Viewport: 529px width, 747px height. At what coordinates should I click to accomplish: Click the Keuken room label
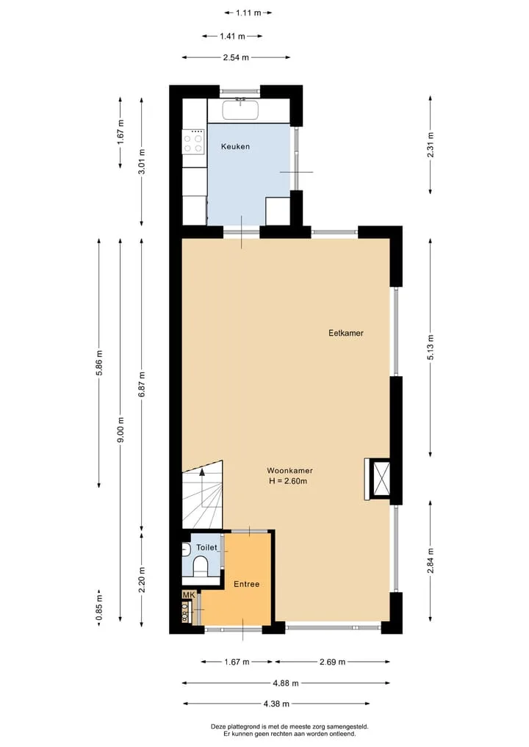[x=235, y=147]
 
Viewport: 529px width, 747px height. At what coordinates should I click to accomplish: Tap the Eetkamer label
[x=346, y=333]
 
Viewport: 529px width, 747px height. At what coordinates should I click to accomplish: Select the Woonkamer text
[x=289, y=471]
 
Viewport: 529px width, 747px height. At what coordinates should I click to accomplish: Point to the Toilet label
[x=206, y=548]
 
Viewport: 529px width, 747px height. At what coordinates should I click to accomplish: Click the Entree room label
[x=246, y=584]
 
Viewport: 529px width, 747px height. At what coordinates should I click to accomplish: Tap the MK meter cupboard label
[x=189, y=595]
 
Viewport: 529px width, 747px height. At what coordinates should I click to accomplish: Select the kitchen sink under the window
[x=241, y=109]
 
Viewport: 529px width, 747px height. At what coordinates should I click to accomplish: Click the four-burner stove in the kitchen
[x=194, y=142]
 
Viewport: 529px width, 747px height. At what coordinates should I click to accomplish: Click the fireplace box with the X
[x=382, y=479]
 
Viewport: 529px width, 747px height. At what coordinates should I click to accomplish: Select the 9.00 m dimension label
[x=120, y=430]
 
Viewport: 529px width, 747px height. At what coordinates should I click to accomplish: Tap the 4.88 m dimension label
[x=286, y=683]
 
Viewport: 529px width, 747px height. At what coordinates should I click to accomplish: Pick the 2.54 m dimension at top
[x=236, y=57]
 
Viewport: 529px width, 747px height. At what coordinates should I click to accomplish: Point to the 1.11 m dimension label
[x=248, y=13]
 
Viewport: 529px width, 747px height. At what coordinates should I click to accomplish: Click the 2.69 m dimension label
[x=332, y=662]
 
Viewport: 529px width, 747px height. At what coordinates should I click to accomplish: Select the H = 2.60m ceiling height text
[x=288, y=481]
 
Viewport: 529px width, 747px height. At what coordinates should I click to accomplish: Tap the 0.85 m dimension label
[x=99, y=608]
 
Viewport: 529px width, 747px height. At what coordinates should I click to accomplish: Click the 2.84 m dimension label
[x=431, y=561]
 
